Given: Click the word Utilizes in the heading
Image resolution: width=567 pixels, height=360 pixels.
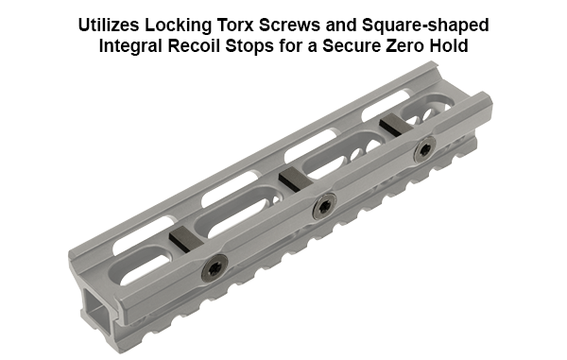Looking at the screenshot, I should point(112,23).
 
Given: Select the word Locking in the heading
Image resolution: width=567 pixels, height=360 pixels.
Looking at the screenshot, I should point(186,23).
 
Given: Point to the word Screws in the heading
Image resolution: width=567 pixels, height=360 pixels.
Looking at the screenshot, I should point(306,23).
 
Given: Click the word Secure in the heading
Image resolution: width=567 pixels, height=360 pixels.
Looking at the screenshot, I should point(372,43).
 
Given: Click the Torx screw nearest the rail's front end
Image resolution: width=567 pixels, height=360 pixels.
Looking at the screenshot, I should point(215,268).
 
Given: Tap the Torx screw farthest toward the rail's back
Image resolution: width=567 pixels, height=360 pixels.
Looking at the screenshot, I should point(423,147).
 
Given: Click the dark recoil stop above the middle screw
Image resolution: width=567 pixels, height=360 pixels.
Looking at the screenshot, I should point(293,179).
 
